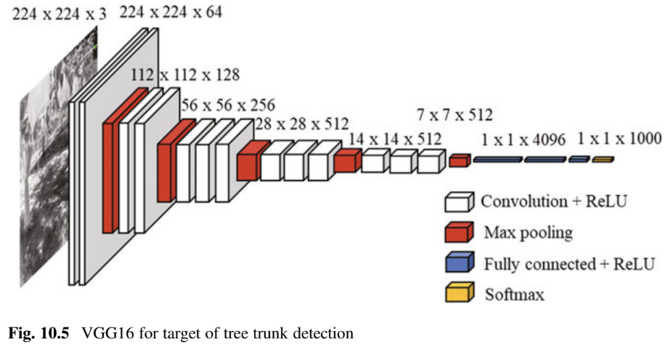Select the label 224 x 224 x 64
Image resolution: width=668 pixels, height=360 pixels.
click(x=171, y=12)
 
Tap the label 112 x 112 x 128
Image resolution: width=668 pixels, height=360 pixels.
click(x=185, y=75)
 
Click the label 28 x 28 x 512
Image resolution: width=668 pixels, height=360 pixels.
click(x=301, y=123)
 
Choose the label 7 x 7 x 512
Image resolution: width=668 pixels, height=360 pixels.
click(x=455, y=114)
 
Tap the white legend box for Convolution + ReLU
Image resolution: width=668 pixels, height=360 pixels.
click(x=460, y=202)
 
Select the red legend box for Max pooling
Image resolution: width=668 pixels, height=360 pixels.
click(x=460, y=233)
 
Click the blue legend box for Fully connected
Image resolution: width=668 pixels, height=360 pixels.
click(x=460, y=263)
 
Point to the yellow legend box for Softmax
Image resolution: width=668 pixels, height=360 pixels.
click(x=460, y=293)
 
